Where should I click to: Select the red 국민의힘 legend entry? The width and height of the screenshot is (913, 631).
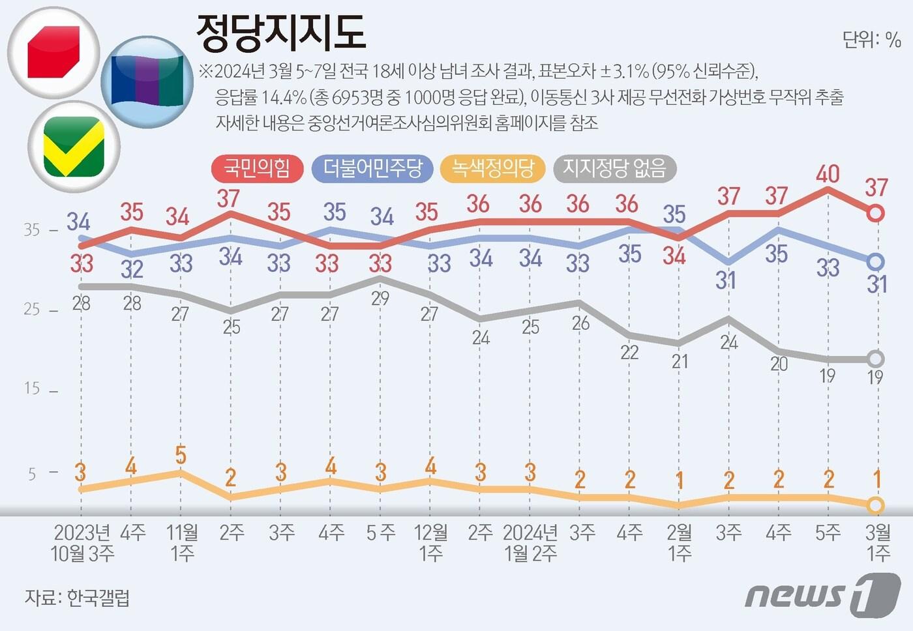(257, 169)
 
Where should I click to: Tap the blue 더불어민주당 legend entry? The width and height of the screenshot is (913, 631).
(372, 169)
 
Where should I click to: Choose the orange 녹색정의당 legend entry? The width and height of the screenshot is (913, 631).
(492, 169)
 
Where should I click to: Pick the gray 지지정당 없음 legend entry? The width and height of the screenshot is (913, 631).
(614, 169)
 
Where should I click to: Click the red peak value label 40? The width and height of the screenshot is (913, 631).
(828, 174)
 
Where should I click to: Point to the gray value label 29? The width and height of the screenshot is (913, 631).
(380, 299)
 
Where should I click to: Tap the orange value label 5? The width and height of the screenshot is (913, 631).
(181, 455)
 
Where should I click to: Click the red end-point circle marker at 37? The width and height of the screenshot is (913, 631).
(876, 213)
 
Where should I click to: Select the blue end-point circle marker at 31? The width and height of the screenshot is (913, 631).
(876, 262)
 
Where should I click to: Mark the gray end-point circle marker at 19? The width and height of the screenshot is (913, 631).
(876, 359)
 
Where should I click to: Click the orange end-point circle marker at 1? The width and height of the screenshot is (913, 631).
(876, 505)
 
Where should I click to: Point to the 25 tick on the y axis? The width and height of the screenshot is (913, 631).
(32, 309)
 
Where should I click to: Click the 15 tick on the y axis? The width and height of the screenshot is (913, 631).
(32, 389)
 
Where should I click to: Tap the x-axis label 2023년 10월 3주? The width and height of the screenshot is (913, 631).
(82, 543)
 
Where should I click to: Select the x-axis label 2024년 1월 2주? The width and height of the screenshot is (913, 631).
(530, 543)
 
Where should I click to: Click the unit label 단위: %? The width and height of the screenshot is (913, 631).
(871, 40)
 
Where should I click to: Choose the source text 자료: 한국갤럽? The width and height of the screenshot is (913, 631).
(77, 597)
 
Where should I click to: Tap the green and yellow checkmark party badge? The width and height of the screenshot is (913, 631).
(73, 146)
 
